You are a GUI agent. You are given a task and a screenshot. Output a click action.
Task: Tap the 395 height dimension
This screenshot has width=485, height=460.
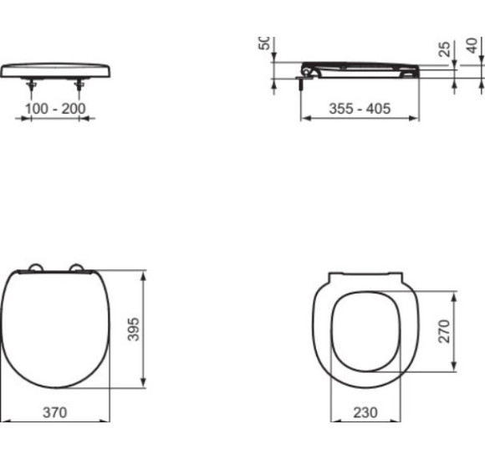[x=133, y=330]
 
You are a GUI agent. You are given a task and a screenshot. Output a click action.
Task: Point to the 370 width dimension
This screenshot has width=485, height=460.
[x=55, y=411]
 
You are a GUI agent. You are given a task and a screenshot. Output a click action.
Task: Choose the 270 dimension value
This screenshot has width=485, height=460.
[x=444, y=330]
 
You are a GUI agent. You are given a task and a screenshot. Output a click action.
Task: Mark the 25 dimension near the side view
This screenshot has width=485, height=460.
[x=444, y=49]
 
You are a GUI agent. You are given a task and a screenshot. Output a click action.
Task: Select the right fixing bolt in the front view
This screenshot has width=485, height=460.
[x=80, y=84]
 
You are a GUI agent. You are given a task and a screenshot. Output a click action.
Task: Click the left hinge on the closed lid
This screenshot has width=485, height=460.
[x=34, y=268]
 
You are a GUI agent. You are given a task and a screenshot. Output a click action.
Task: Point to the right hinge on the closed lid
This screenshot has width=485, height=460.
[x=80, y=268]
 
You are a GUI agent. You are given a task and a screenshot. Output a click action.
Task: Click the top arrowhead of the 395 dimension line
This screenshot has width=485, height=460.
[x=145, y=273]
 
